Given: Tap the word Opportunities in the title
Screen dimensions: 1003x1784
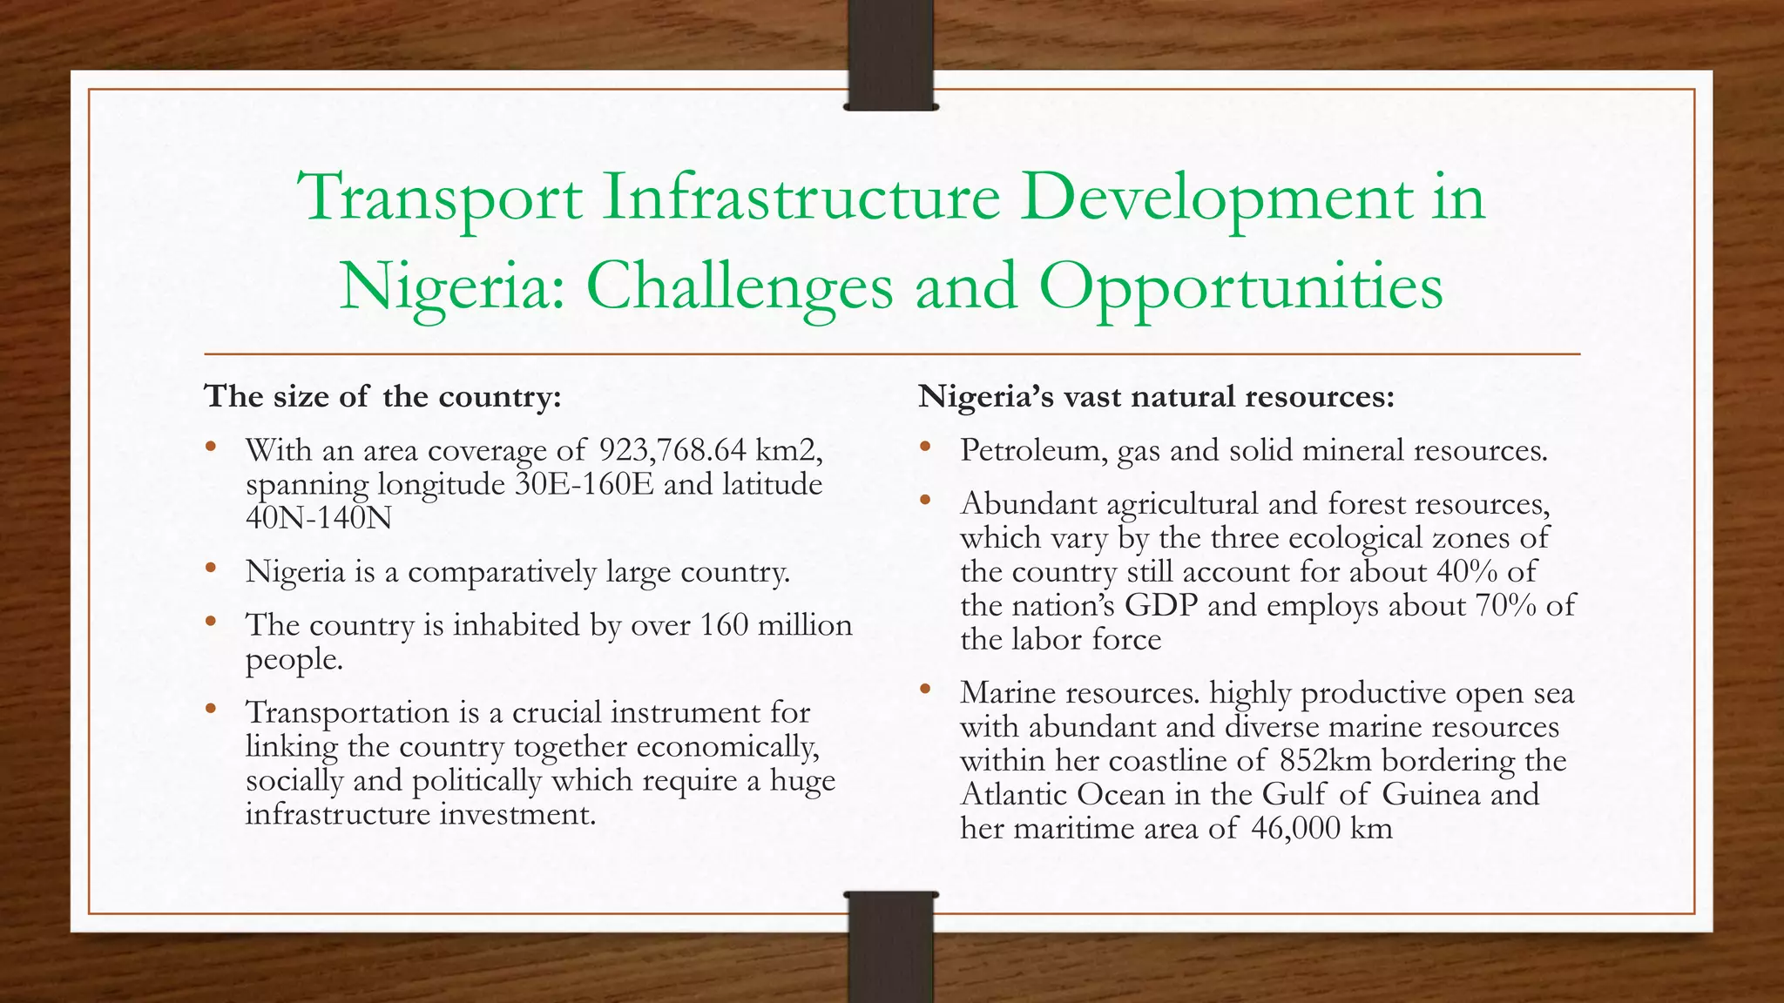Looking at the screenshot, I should pyautogui.click(x=1240, y=287).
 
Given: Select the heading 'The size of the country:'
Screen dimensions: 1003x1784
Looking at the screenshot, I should pyautogui.click(x=382, y=397).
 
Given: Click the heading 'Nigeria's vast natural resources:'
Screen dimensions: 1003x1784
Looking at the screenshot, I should pyautogui.click(x=1156, y=397).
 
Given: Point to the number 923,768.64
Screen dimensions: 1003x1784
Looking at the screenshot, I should pyautogui.click(x=672, y=450).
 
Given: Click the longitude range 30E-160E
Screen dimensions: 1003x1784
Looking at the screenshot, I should pyautogui.click(x=584, y=484).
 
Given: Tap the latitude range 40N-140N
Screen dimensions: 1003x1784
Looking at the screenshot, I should pyautogui.click(x=319, y=518).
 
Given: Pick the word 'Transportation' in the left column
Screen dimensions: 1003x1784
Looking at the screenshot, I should pyautogui.click(x=347, y=712).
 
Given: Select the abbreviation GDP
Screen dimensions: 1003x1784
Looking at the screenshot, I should pyautogui.click(x=1161, y=606).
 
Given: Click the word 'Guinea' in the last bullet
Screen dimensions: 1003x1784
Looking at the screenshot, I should pyautogui.click(x=1430, y=794).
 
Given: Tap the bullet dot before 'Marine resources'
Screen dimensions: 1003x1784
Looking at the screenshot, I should pyautogui.click(x=924, y=690).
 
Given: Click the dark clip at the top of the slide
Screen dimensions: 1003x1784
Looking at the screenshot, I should pyautogui.click(x=890, y=57).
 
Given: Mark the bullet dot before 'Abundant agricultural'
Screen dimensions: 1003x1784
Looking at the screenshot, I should pyautogui.click(x=924, y=501).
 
